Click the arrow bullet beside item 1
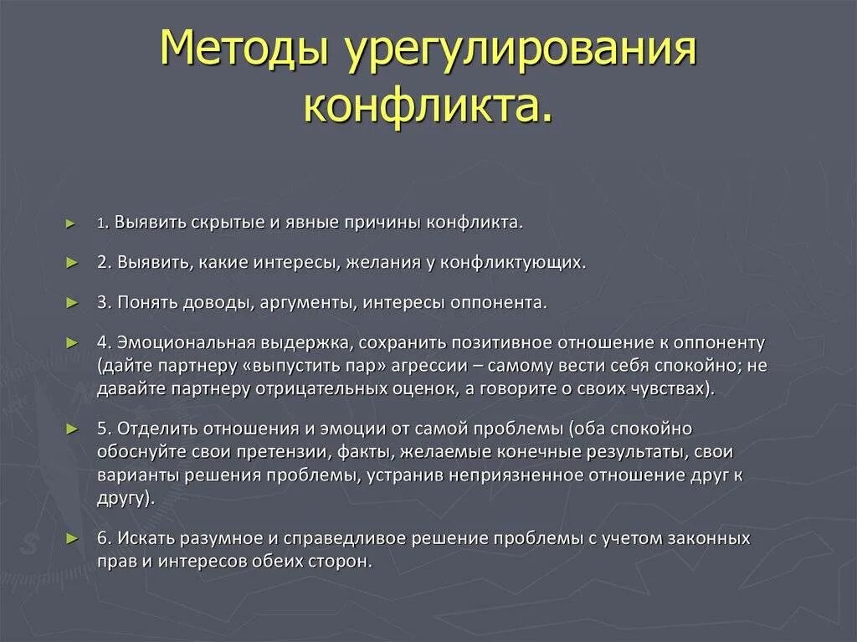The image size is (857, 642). pyautogui.click(x=70, y=224)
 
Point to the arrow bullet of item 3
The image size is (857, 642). pyautogui.click(x=70, y=302)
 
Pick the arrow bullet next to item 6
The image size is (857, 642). pyautogui.click(x=70, y=538)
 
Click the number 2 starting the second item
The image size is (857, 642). pyautogui.click(x=101, y=263)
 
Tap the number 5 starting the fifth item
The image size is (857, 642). pyautogui.click(x=101, y=429)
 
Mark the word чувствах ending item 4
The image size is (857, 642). pyautogui.click(x=670, y=389)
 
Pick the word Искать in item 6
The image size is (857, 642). pyautogui.click(x=145, y=537)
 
